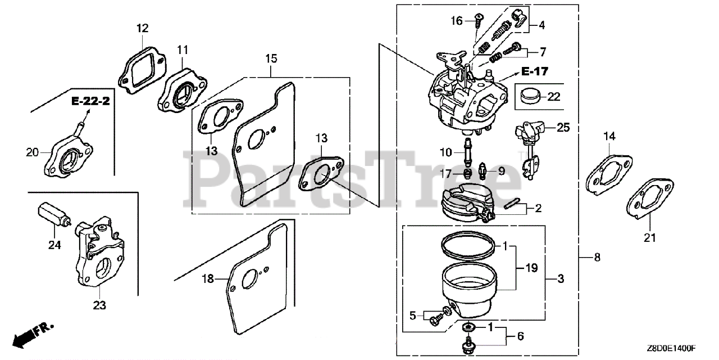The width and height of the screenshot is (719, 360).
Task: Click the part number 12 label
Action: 143,28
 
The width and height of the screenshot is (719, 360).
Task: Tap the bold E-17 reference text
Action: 534,71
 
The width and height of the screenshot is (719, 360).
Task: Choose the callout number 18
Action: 208,278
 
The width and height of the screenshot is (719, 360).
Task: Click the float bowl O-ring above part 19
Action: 467,245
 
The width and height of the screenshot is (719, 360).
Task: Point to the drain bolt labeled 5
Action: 435,319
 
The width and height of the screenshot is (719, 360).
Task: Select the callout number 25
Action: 563,128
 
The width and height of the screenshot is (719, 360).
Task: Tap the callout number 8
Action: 597,258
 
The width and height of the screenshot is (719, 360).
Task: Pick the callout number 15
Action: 271,58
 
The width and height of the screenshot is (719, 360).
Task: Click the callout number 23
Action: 99,305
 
